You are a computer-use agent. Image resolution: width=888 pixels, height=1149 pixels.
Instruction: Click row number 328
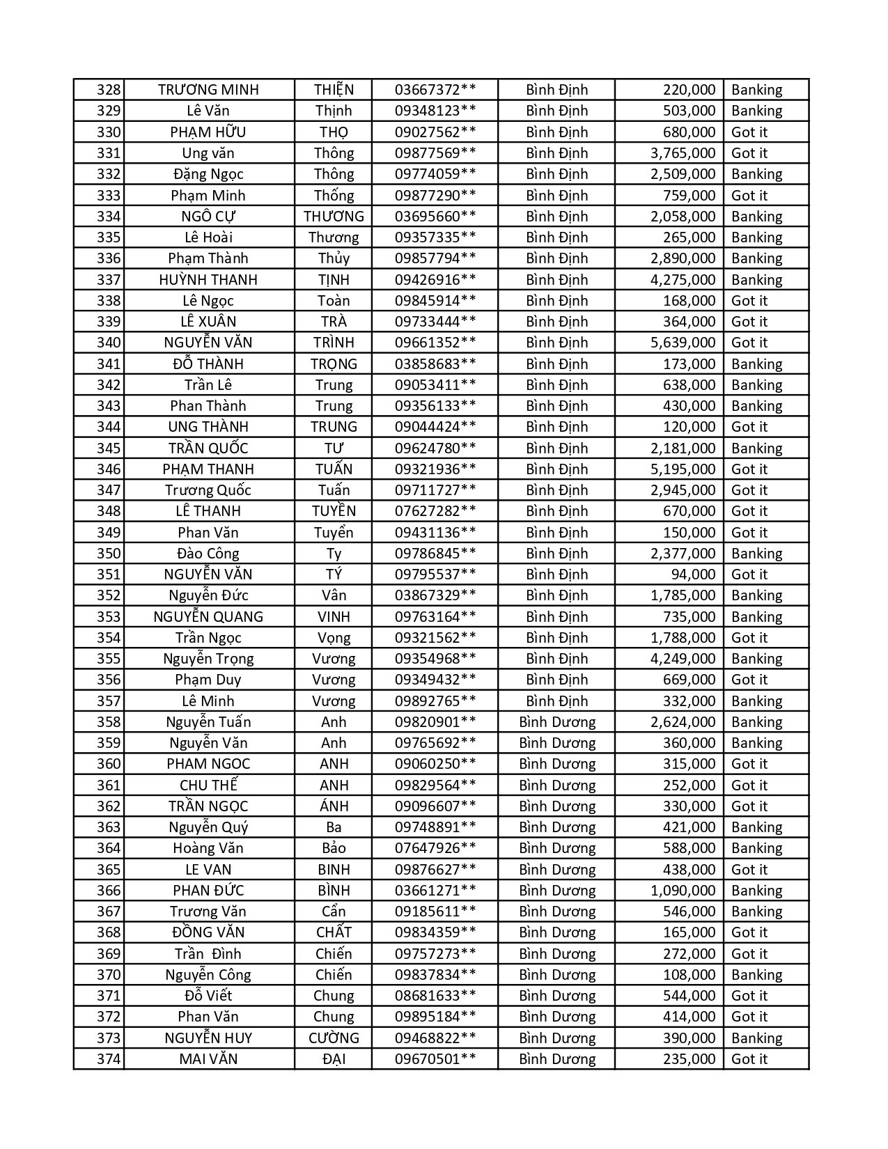[108, 90]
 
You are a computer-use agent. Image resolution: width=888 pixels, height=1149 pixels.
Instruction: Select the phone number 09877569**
[435, 153]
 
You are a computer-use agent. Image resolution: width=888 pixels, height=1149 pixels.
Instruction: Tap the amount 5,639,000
[683, 343]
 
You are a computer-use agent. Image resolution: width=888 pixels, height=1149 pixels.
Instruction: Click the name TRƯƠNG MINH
[208, 90]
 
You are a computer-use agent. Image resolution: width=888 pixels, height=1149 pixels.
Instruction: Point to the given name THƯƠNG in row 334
[334, 217]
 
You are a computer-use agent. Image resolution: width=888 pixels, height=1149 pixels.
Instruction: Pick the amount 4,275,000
[683, 280]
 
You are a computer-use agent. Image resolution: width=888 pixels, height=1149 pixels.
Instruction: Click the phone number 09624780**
[435, 448]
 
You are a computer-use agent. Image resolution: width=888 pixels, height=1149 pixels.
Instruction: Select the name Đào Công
[208, 554]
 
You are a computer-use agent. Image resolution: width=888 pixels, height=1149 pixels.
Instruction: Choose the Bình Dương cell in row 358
[557, 722]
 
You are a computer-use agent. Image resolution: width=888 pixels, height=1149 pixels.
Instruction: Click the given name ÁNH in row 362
[334, 806]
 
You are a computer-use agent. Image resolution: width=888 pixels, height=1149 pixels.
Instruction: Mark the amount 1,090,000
[683, 891]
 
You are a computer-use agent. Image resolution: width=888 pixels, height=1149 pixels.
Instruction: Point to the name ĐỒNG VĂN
[208, 932]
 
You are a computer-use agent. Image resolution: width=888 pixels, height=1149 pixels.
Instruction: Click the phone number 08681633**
[435, 996]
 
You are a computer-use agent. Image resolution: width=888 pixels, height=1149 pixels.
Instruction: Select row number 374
[108, 1059]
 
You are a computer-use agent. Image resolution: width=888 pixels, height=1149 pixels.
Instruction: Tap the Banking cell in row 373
[756, 1038]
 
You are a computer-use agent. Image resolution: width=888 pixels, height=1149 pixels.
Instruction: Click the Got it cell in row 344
[749, 427]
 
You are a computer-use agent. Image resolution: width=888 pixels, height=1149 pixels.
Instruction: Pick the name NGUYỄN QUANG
[208, 617]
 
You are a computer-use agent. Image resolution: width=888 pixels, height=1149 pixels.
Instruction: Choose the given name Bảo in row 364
[334, 848]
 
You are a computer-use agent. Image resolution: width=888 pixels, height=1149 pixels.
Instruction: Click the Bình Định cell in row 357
[557, 701]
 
